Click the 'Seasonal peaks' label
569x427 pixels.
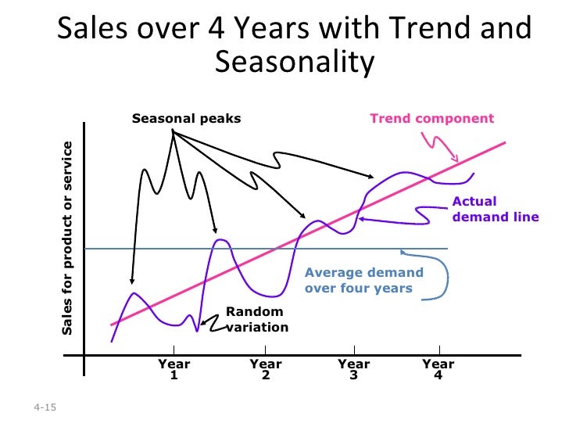point(186,119)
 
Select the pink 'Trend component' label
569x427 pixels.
point(431,119)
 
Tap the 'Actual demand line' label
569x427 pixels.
point(495,209)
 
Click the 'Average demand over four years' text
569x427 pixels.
point(363,281)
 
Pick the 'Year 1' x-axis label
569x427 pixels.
point(174,369)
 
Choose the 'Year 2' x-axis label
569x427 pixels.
point(266,369)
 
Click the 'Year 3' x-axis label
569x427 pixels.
point(354,369)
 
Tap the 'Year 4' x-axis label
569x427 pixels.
point(438,369)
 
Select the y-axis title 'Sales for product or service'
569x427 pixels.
point(67,239)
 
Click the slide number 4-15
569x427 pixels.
point(45,409)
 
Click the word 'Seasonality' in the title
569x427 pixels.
point(295,62)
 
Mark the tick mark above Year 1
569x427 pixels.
point(174,350)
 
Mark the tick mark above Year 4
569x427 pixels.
point(439,350)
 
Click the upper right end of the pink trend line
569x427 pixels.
point(505,142)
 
